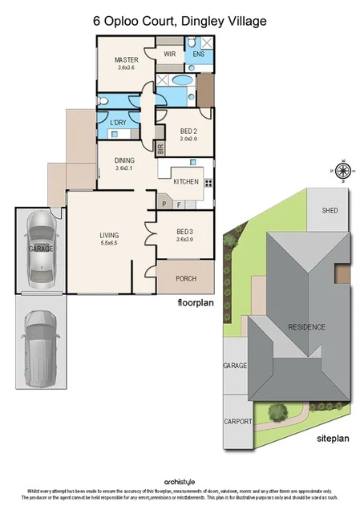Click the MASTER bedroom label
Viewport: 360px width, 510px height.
pyautogui.click(x=127, y=60)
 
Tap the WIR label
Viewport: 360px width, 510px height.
pyautogui.click(x=169, y=54)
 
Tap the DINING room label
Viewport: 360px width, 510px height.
pyautogui.click(x=124, y=160)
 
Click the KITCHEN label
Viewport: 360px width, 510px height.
pyautogui.click(x=185, y=182)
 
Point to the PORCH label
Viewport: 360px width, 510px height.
pyautogui.click(x=185, y=278)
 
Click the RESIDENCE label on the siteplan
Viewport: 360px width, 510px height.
pyautogui.click(x=307, y=326)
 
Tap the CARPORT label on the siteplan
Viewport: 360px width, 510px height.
pyautogui.click(x=238, y=421)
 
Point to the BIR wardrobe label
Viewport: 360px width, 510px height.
pyautogui.click(x=160, y=148)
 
